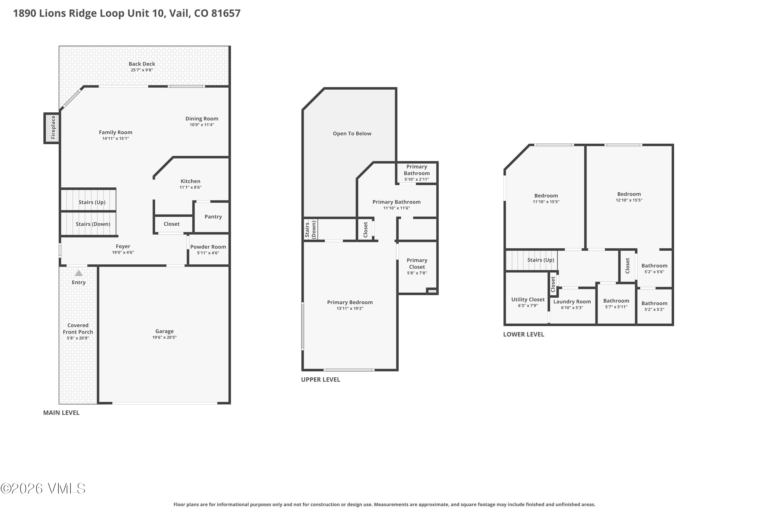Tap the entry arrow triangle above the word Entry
tap(79, 273)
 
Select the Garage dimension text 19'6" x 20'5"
tap(165, 337)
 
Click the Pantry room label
tap(213, 217)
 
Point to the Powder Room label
tap(208, 247)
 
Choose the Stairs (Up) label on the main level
tap(92, 202)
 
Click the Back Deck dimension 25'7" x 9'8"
tap(142, 70)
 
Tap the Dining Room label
tap(202, 119)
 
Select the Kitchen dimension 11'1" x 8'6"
tap(191, 187)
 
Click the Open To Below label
tap(352, 134)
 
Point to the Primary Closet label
tap(417, 263)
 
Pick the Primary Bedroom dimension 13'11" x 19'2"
tap(350, 308)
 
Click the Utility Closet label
tap(528, 300)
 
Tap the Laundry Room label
tap(572, 302)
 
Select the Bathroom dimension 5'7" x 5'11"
tap(616, 307)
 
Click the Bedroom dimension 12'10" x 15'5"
tap(629, 200)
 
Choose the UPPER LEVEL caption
tap(321, 379)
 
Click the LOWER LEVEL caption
tap(524, 334)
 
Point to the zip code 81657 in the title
tap(226, 13)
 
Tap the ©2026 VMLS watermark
tap(43, 488)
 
